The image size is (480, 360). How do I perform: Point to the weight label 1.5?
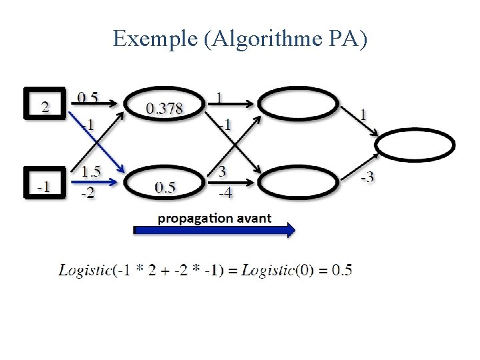tap(91, 171)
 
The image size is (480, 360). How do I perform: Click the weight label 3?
tap(222, 171)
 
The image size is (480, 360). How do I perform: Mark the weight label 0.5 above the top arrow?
tap(88, 97)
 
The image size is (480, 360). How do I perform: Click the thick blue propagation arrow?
tap(214, 231)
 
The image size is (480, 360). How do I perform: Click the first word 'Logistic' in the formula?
tap(85, 270)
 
